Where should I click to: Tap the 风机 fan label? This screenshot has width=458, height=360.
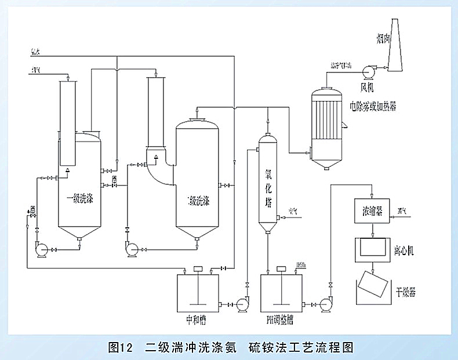point(368,88)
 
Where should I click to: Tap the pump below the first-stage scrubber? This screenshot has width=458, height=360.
point(42,250)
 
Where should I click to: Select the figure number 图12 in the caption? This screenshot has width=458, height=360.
point(121,347)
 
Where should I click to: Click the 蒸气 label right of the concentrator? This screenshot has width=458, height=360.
point(402,210)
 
